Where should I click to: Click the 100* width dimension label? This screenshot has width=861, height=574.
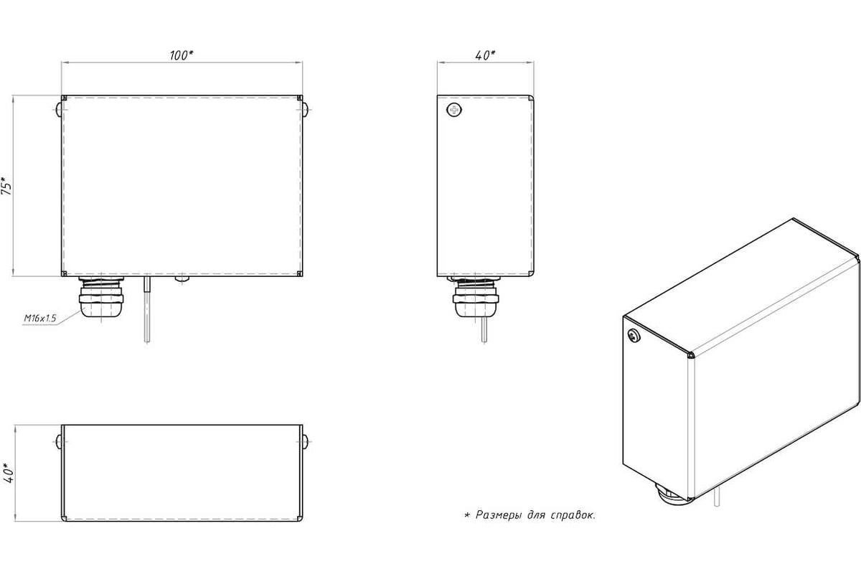pyautogui.click(x=181, y=55)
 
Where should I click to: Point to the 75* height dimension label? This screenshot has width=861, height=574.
pyautogui.click(x=7, y=186)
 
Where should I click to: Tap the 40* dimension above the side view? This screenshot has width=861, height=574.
pyautogui.click(x=485, y=55)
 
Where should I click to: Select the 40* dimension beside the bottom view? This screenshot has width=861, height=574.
pyautogui.click(x=8, y=474)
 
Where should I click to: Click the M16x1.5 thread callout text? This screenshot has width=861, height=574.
pyautogui.click(x=40, y=318)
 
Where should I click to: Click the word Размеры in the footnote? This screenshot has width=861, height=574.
pyautogui.click(x=499, y=514)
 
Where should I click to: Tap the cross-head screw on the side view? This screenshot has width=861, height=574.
pyautogui.click(x=454, y=110)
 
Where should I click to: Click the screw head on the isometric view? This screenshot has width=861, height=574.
pyautogui.click(x=634, y=336)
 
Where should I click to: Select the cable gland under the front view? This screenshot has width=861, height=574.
pyautogui.click(x=101, y=296)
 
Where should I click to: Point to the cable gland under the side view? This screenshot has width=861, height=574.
pyautogui.click(x=476, y=296)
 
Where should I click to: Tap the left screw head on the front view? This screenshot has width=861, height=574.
pyautogui.click(x=59, y=110)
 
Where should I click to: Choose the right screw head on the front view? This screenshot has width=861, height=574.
pyautogui.click(x=305, y=110)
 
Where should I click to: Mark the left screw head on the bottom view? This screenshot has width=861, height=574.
pyautogui.click(x=59, y=442)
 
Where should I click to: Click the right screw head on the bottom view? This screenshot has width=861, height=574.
pyautogui.click(x=305, y=442)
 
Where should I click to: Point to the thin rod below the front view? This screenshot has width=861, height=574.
pyautogui.click(x=147, y=309)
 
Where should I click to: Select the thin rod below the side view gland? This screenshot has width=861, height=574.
pyautogui.click(x=484, y=329)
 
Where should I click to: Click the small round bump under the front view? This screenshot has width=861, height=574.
pyautogui.click(x=182, y=279)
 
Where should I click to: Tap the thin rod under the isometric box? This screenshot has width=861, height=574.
pyautogui.click(x=717, y=497)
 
